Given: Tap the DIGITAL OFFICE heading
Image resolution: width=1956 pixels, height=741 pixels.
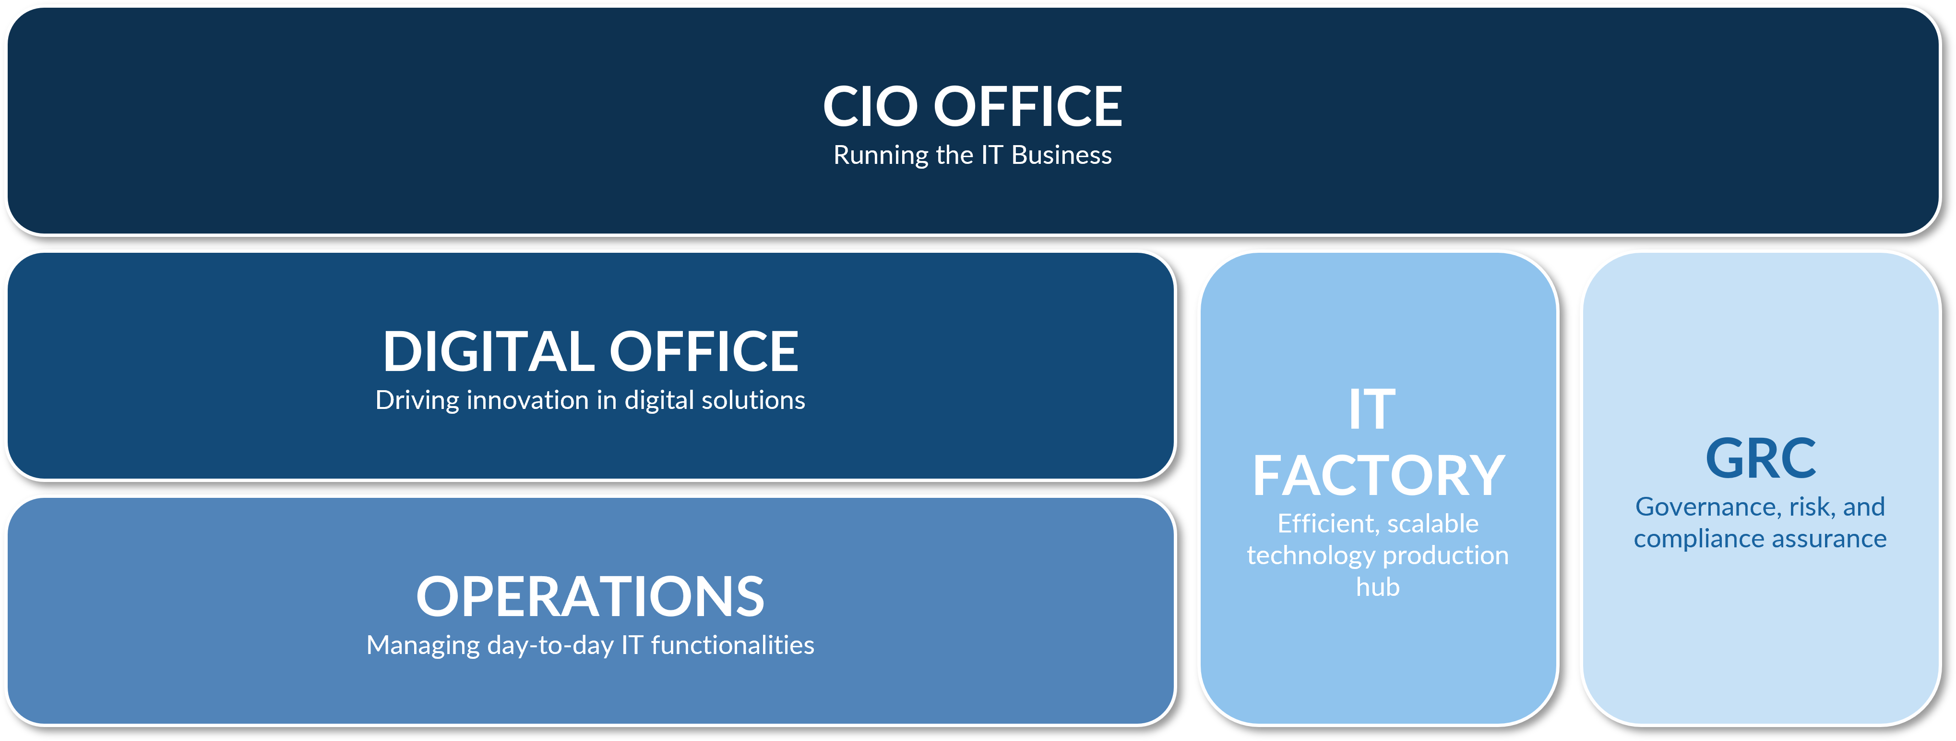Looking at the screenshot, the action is tap(590, 351).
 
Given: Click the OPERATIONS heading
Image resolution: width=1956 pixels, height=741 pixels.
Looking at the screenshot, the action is tap(590, 596).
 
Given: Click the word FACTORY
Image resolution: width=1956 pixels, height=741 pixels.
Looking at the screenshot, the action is tap(1378, 475).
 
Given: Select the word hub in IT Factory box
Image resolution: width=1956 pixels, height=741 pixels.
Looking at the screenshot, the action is tap(1377, 587).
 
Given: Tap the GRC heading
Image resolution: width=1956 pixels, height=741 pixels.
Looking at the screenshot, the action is tap(1760, 458).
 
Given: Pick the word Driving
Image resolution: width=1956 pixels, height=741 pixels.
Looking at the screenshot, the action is tap(417, 400).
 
